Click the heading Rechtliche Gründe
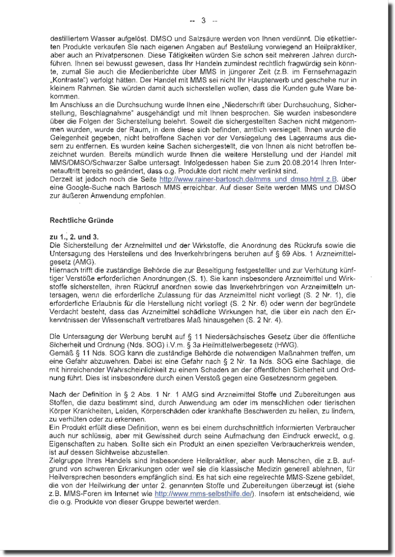(x=81, y=221)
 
